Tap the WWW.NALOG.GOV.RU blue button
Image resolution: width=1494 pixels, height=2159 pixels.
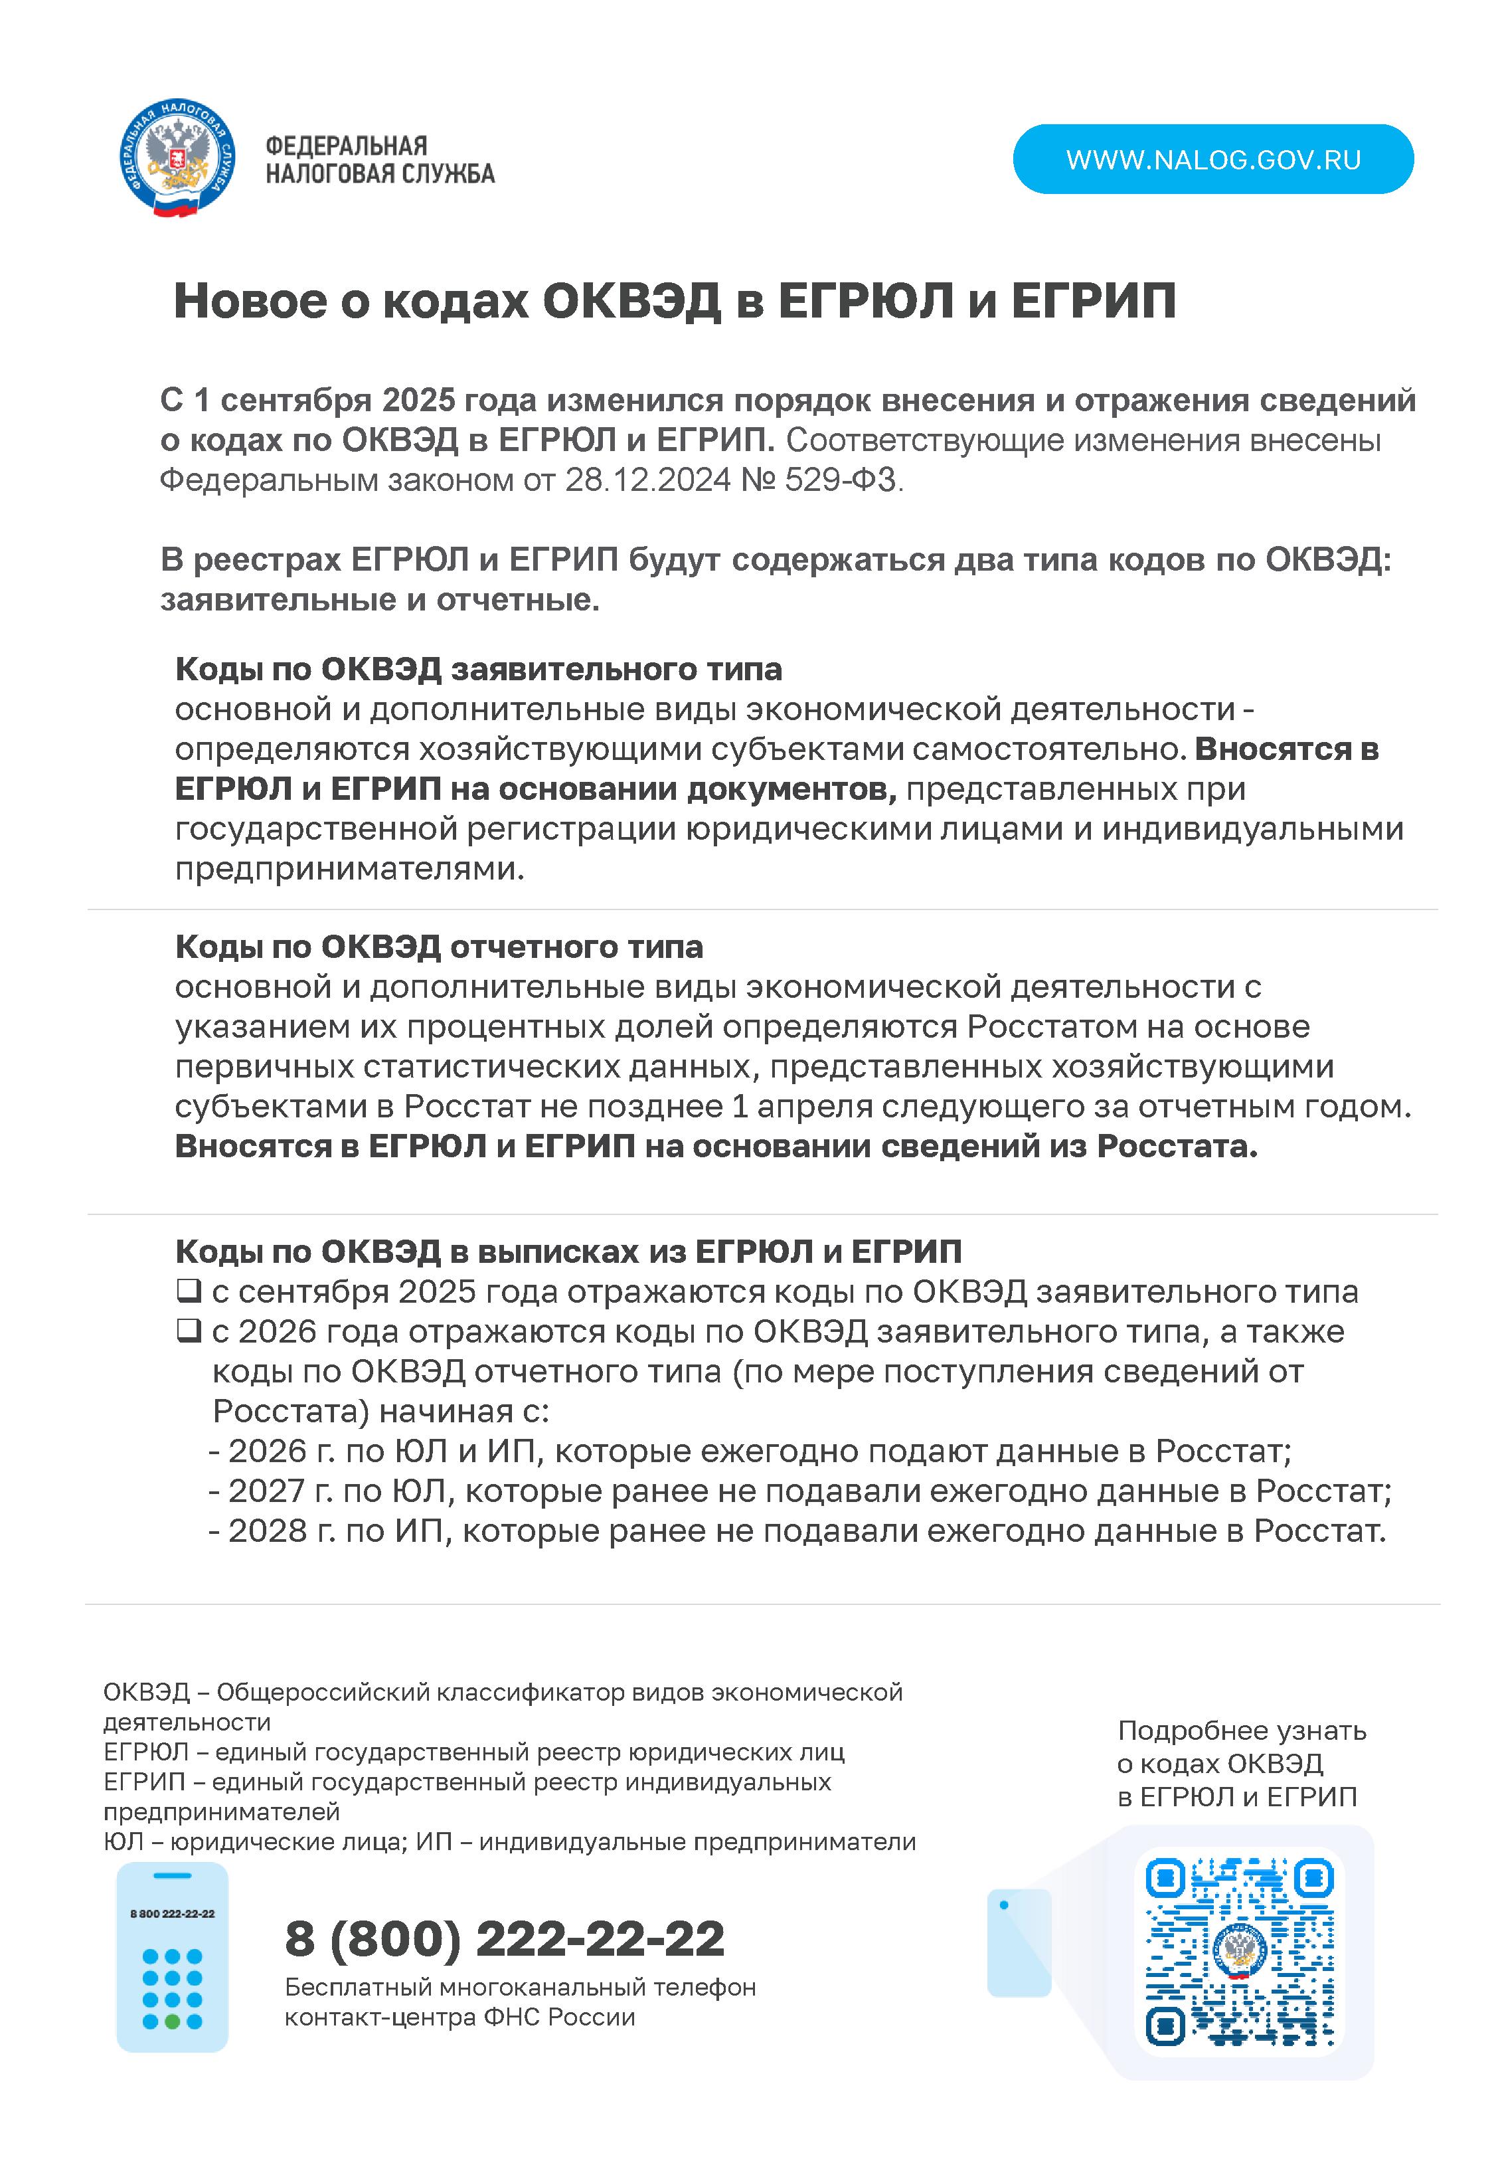click(1213, 159)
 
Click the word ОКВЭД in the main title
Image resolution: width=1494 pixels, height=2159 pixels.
click(633, 302)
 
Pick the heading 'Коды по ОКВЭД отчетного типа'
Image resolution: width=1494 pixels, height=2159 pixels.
click(439, 947)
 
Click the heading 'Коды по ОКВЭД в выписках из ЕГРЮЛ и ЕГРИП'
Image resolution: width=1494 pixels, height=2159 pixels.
click(568, 1252)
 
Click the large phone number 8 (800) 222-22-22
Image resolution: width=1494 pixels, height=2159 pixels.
click(505, 1937)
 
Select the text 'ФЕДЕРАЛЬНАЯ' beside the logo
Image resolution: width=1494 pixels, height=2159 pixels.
click(347, 146)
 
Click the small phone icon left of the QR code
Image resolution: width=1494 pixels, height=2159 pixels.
click(1019, 1942)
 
